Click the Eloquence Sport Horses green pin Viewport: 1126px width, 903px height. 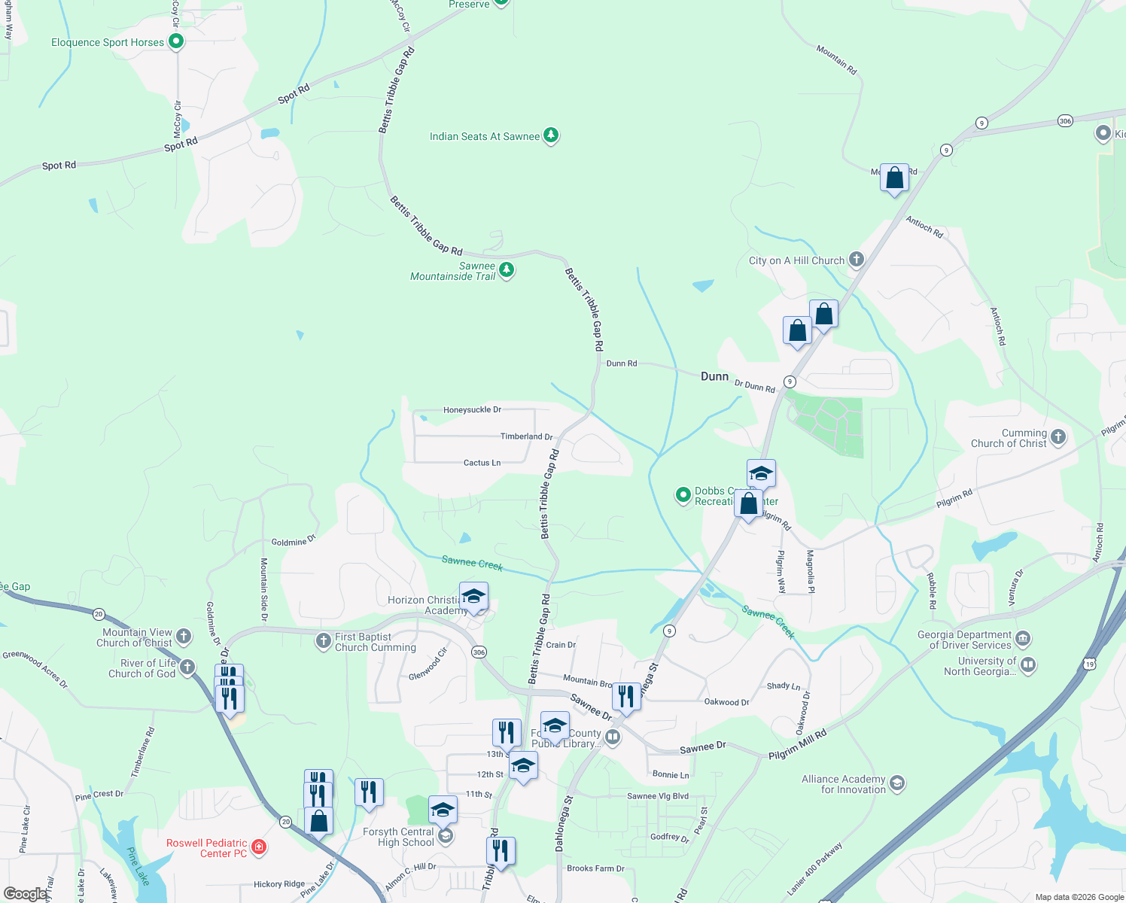tap(176, 41)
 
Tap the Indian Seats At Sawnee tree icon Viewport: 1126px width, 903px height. tap(552, 135)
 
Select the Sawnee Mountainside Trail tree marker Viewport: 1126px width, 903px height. tap(507, 270)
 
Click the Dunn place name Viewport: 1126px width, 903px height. tap(714, 376)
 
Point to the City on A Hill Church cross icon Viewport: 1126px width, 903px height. tap(856, 260)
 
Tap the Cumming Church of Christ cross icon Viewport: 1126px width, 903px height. tap(1058, 436)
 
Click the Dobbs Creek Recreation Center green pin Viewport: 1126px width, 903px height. tap(683, 495)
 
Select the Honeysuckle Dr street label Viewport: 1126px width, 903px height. tap(472, 410)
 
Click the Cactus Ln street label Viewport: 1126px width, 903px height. tap(482, 463)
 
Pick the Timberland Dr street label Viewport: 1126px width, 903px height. tap(526, 436)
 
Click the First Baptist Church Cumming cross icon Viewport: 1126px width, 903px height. tap(323, 640)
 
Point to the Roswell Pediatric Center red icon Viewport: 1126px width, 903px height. tap(259, 847)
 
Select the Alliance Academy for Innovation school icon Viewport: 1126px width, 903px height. tap(896, 783)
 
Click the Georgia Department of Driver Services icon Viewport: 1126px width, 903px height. tap(1022, 640)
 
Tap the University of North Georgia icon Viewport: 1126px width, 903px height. tap(1028, 665)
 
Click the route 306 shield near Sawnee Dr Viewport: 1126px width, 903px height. tap(479, 652)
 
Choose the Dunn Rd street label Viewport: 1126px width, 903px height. tap(622, 363)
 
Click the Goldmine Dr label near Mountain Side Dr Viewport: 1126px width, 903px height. tap(294, 541)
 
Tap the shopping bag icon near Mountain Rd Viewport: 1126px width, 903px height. tap(894, 178)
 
